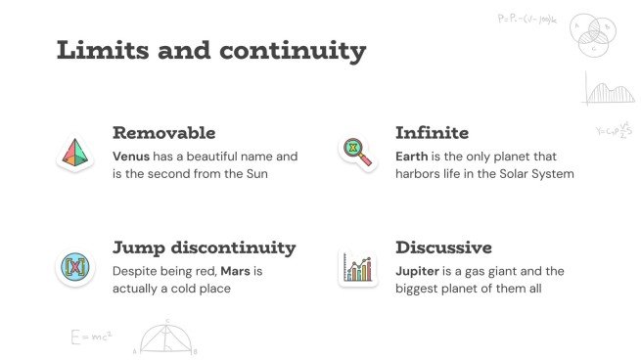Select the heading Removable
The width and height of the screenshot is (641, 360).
click(x=163, y=133)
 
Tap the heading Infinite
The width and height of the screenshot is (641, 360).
click(x=432, y=133)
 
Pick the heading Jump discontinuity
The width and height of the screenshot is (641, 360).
click(x=204, y=247)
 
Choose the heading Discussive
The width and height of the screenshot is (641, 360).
click(x=443, y=247)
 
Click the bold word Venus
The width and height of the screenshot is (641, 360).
click(x=132, y=157)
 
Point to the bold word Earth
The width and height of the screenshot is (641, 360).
click(x=412, y=157)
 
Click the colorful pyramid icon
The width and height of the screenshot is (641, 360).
click(x=74, y=152)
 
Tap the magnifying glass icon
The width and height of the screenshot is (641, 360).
click(x=356, y=152)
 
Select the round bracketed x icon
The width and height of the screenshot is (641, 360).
click(x=74, y=266)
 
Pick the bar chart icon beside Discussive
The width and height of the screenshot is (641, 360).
click(x=356, y=267)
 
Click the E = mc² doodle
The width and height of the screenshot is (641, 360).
click(x=91, y=337)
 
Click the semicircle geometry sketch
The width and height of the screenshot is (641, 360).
click(x=167, y=337)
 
